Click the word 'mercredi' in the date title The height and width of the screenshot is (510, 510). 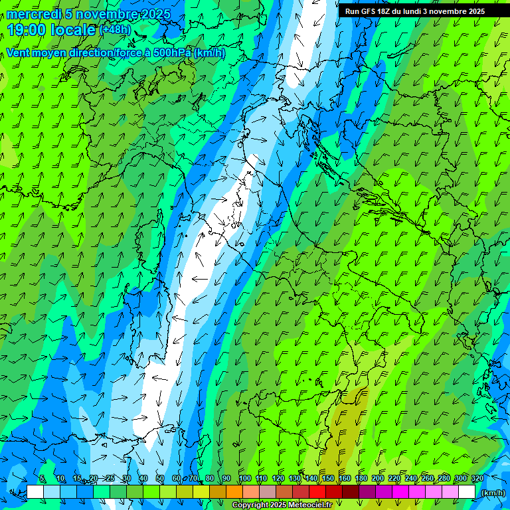[x=34, y=14]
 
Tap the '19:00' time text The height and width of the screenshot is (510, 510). [x=27, y=30]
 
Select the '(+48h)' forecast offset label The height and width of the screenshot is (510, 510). [x=115, y=30]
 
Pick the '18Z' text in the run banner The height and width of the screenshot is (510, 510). [x=386, y=11]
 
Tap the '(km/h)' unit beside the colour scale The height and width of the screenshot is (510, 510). [x=492, y=493]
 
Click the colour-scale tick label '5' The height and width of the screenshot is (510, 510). [x=42, y=478]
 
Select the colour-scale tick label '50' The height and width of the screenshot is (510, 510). [x=160, y=478]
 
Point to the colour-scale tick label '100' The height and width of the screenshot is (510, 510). [x=244, y=478]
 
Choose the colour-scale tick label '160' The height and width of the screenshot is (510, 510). [x=345, y=478]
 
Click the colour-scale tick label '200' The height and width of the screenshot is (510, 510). [x=378, y=478]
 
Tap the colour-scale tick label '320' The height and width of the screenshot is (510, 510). [x=477, y=478]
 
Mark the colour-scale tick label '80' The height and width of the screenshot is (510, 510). [x=210, y=478]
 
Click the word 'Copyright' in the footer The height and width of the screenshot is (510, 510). [x=250, y=505]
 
